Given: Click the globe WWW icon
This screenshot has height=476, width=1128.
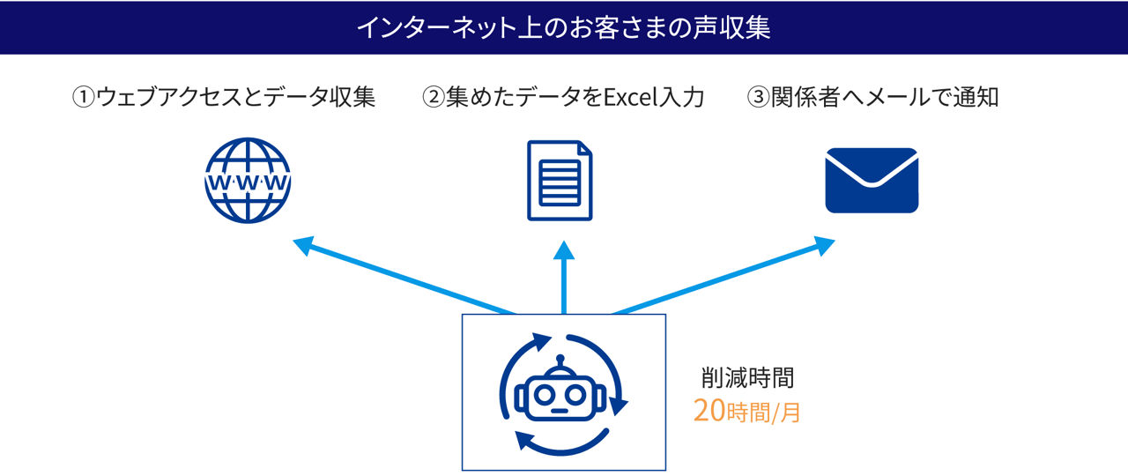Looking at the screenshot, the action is [248, 181].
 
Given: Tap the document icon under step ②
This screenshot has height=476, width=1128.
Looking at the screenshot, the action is [560, 181].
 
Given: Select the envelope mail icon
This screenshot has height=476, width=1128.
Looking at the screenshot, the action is [872, 181].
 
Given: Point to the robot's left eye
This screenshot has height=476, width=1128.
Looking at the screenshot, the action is [544, 394].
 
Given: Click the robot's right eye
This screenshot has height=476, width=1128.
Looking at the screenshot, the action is [575, 394].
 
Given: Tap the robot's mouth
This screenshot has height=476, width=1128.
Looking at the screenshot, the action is [560, 411].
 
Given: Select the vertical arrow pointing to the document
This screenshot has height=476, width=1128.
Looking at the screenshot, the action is [564, 278].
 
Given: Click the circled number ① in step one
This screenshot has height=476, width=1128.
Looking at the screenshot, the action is [84, 97].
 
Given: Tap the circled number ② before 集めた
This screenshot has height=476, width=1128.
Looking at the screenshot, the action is [434, 97].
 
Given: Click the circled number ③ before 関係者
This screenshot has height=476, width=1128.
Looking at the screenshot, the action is [759, 97].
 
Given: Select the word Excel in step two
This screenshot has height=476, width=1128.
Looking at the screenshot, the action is [630, 97].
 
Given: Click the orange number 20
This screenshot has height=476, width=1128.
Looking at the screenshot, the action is [709, 411].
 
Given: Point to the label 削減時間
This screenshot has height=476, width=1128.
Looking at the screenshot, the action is [748, 378].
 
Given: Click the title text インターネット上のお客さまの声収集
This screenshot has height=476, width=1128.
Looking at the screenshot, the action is [563, 27].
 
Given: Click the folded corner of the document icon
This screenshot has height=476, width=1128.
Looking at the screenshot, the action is [585, 147].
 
